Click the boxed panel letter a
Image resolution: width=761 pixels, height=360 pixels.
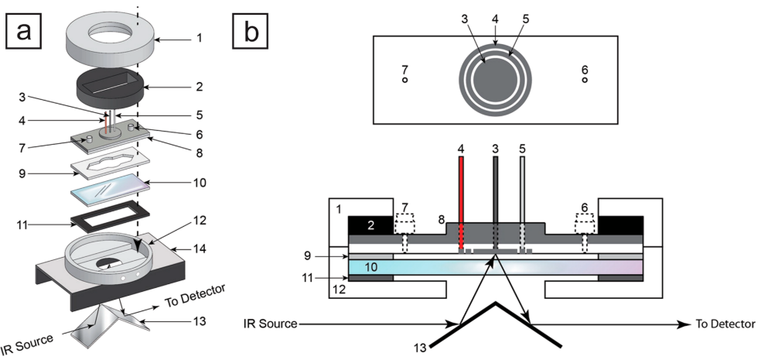[22, 31]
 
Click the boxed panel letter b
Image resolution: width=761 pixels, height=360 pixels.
[250, 31]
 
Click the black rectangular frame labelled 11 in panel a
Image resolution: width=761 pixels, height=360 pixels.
[111, 215]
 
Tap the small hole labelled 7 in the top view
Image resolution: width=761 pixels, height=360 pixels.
[404, 80]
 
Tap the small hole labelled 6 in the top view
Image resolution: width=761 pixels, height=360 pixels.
[585, 80]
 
